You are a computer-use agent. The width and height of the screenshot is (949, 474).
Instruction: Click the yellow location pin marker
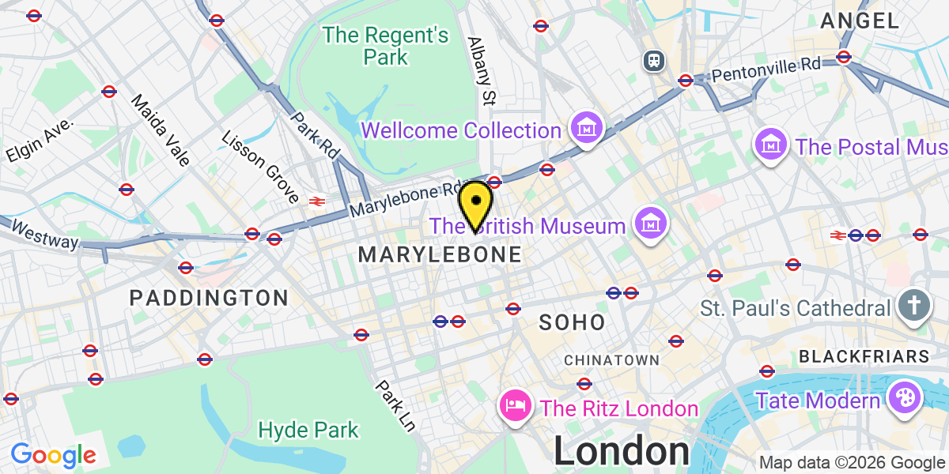(x=476, y=202)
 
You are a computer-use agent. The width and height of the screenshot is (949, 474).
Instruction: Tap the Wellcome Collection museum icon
(x=587, y=129)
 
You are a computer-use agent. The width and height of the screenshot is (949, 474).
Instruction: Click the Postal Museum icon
(x=769, y=145)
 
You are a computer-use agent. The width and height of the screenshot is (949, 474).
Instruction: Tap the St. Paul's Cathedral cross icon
(x=913, y=307)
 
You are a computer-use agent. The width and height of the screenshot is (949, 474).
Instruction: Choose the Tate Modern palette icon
(x=902, y=400)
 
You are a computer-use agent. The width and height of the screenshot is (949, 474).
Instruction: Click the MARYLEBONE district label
(x=440, y=255)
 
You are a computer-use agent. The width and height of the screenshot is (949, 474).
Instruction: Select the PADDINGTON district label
(x=209, y=298)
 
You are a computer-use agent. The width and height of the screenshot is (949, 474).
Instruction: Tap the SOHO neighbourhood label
(x=572, y=322)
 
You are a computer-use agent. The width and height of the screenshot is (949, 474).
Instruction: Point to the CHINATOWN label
(x=611, y=360)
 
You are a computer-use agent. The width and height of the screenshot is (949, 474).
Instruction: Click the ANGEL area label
(x=860, y=21)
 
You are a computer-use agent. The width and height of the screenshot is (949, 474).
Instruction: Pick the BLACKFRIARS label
(x=864, y=357)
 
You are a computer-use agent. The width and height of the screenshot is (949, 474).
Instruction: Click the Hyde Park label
(x=308, y=431)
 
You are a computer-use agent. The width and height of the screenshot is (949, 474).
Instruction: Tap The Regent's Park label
(x=386, y=46)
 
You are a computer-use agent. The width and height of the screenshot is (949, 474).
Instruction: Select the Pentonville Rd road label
(x=766, y=70)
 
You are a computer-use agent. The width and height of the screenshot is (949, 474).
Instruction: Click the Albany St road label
(x=481, y=71)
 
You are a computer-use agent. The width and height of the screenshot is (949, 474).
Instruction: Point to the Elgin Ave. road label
(x=40, y=141)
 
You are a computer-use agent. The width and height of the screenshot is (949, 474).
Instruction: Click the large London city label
(x=622, y=452)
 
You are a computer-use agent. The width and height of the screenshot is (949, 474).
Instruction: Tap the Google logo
(x=53, y=455)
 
